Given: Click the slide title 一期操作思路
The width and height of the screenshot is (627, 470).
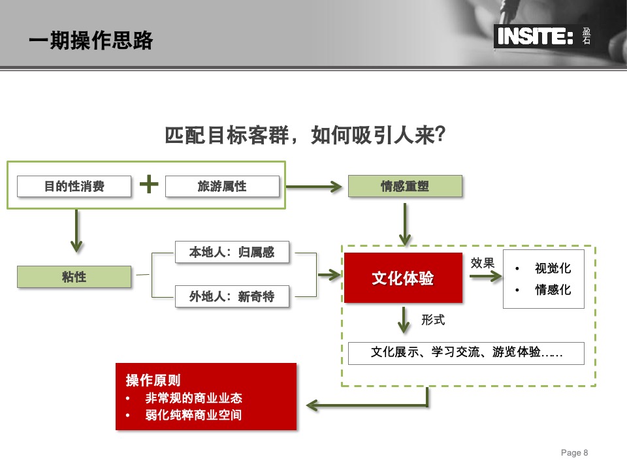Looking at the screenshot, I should (91, 40).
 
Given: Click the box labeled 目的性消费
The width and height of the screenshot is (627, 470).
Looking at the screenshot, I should (74, 186).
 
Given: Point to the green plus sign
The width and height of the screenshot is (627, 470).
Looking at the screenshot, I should (149, 185).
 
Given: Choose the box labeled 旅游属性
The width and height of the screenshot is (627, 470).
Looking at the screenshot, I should (222, 186).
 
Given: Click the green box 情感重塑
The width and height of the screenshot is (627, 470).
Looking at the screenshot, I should (405, 186).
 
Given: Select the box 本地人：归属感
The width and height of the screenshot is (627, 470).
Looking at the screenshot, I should (232, 253).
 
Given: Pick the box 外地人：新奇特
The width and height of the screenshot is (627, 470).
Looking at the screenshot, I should (232, 297).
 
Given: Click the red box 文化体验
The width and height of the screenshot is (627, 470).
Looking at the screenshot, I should (403, 278).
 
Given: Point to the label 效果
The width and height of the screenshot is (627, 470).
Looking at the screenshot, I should (483, 263).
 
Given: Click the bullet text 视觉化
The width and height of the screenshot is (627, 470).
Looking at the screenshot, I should (553, 268).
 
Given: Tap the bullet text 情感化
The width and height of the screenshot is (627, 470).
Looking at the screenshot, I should (553, 289).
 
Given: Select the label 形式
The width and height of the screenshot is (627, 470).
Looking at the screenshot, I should (433, 320).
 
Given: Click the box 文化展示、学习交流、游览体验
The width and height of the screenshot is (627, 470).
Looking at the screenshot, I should (466, 353).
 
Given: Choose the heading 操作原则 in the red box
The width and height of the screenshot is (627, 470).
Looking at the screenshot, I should (153, 380).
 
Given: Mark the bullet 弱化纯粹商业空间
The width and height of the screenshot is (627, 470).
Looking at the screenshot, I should (193, 415).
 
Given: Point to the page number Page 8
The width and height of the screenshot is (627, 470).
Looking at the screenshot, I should (575, 452).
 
